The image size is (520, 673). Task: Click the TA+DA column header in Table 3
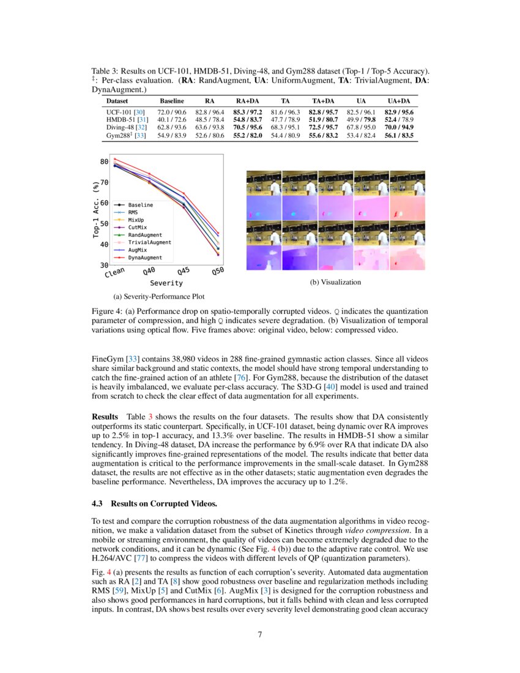(x=323, y=100)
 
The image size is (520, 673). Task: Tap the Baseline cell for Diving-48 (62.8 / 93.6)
(x=172, y=127)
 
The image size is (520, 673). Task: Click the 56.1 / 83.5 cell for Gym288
(x=399, y=135)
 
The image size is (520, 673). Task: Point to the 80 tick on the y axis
(x=104, y=162)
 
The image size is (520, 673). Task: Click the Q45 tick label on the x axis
(x=184, y=272)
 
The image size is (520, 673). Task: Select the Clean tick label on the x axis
(x=115, y=272)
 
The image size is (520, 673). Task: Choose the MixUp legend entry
(x=136, y=220)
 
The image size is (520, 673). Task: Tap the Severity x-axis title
(x=166, y=283)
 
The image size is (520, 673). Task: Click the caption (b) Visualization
(x=336, y=282)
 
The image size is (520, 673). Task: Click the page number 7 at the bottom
(x=260, y=634)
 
